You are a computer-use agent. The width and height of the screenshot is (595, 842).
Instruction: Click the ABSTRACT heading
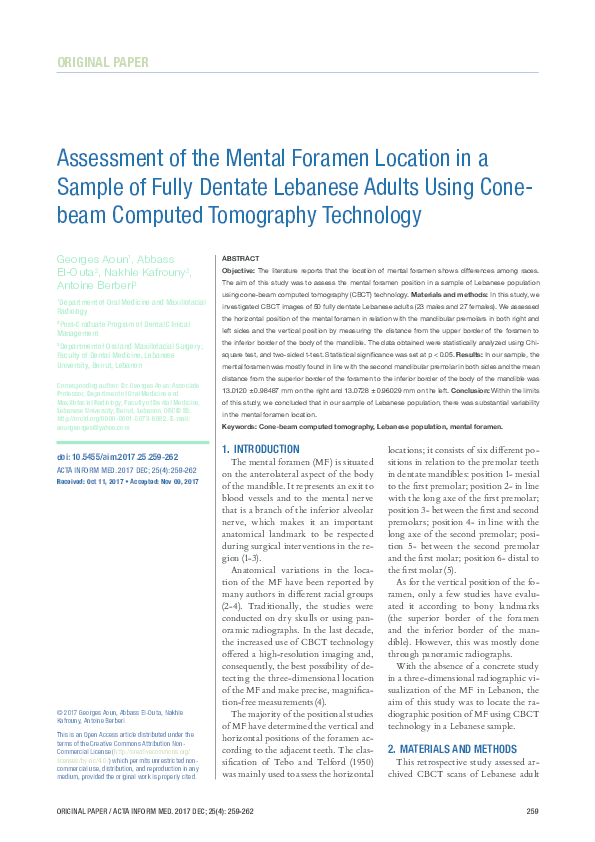[240, 258]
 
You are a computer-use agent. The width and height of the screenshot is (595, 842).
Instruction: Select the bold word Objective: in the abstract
[238, 271]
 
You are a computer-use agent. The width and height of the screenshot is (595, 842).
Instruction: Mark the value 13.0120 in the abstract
[235, 378]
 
